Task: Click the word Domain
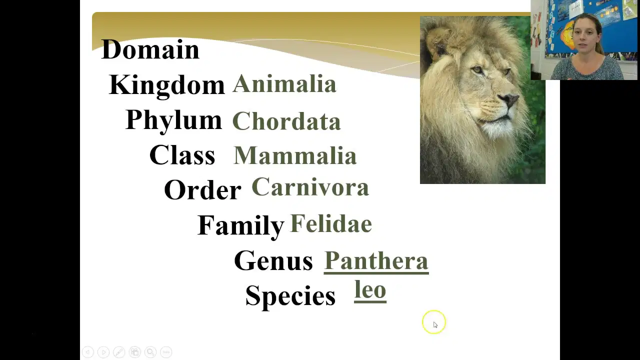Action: [150, 49]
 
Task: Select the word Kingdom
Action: [167, 85]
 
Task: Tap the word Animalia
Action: [284, 83]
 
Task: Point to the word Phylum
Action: [173, 121]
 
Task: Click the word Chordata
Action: [286, 121]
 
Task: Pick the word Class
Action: [182, 154]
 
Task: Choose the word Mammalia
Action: [295, 155]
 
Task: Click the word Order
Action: [202, 189]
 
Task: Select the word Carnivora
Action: [310, 186]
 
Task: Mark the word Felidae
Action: [331, 223]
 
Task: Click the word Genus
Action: [273, 260]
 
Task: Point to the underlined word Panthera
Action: [376, 261]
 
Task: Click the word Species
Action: [290, 297]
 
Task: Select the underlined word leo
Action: [370, 290]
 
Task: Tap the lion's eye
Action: [477, 69]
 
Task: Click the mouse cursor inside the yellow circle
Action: [435, 325]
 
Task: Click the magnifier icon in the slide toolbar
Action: [150, 352]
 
